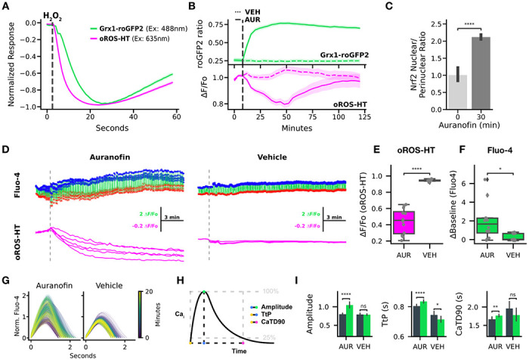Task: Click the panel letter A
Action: click(x=5, y=7)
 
